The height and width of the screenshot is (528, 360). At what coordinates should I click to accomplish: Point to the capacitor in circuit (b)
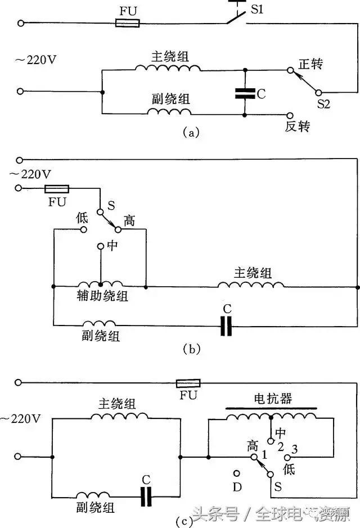coord(226,326)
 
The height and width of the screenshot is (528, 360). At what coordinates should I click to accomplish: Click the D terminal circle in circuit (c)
coord(237,473)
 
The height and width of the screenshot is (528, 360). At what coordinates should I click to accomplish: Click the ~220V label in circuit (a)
coord(28,58)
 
